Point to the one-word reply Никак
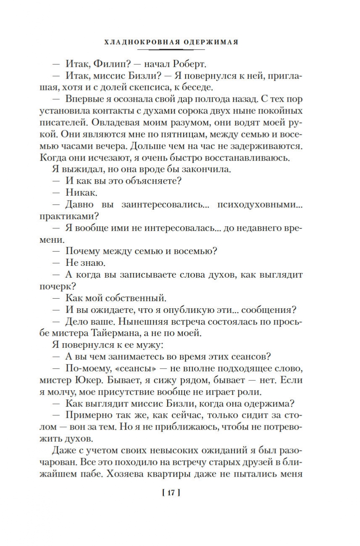click(x=81, y=193)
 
